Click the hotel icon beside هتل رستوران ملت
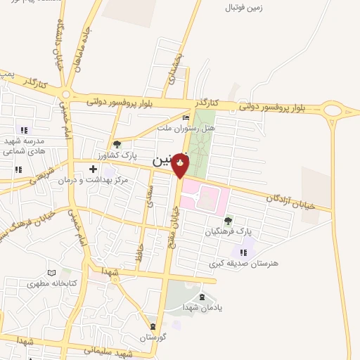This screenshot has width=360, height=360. click(186, 117)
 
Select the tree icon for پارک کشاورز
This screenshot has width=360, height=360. click(117, 144)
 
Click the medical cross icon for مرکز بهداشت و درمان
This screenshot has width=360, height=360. click(93, 169)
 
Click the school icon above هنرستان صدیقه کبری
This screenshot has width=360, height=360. click(243, 252)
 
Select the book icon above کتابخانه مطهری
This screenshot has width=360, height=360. click(50, 273)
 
